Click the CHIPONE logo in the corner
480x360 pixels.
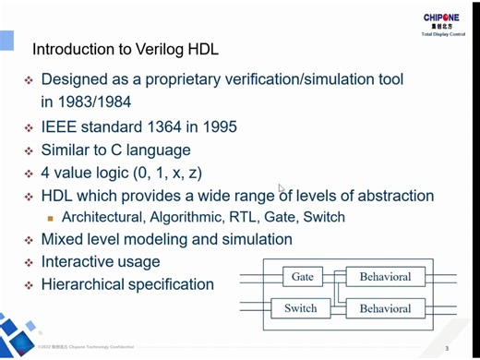(x=447, y=19)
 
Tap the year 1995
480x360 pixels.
(x=218, y=126)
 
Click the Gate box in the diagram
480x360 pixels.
(x=303, y=277)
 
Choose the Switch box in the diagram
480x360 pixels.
(x=301, y=308)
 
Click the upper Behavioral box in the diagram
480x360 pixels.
(x=385, y=277)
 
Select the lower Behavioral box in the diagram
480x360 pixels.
(x=385, y=308)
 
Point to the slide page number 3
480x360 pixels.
(x=447, y=349)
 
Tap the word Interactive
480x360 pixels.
(x=80, y=262)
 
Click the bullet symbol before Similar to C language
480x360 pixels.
(x=30, y=150)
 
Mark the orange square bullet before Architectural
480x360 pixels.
(x=52, y=219)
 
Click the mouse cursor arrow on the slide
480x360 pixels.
(x=282, y=187)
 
